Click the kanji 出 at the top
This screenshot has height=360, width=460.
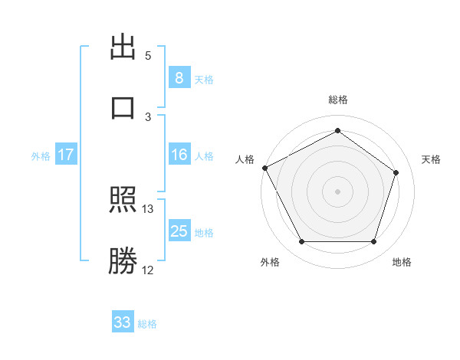(x=123, y=47)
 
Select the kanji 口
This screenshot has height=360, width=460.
(x=123, y=106)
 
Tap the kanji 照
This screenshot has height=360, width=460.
(x=123, y=201)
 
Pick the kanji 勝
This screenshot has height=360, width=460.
(x=123, y=261)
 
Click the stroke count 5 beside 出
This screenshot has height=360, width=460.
(x=148, y=56)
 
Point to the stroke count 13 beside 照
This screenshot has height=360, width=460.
(x=148, y=209)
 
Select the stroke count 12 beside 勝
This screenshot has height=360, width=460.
(x=148, y=270)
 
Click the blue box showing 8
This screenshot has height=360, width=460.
(x=179, y=77)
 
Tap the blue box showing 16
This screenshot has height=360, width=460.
(x=179, y=155)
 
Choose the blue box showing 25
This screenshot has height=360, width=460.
(x=179, y=231)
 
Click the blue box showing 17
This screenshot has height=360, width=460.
(x=66, y=155)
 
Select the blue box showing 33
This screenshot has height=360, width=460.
(x=123, y=322)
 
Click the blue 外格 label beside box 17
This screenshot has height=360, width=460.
(x=41, y=155)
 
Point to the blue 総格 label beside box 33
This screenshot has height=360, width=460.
(x=147, y=323)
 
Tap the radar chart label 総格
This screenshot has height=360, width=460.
(x=338, y=100)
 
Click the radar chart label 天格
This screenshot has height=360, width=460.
(x=432, y=159)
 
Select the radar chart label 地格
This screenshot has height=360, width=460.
(x=402, y=263)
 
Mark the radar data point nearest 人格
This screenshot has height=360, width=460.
(x=264, y=168)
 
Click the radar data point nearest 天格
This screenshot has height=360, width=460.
(x=396, y=172)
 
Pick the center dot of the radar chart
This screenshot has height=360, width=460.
(x=338, y=191)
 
